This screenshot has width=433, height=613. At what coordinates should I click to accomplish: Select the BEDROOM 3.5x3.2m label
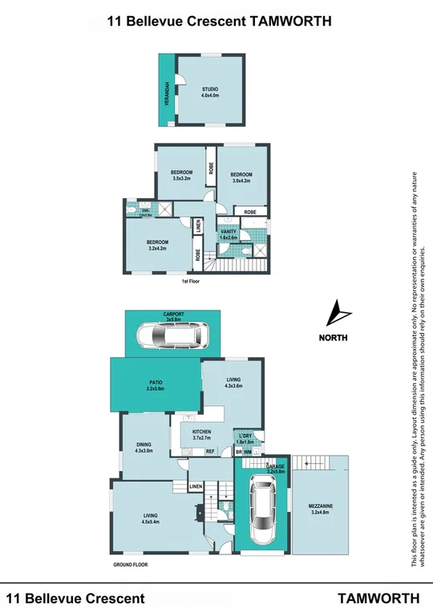tap(182, 175)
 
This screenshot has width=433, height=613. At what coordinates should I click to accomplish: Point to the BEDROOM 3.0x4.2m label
tap(241, 177)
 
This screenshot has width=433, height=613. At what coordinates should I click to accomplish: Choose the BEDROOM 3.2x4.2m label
tap(157, 245)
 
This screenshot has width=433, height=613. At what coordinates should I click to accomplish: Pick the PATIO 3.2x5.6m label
tap(156, 386)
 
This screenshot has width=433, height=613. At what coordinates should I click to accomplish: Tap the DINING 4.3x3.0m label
tap(146, 451)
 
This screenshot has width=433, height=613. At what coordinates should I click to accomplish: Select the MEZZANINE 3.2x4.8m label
tap(320, 509)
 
